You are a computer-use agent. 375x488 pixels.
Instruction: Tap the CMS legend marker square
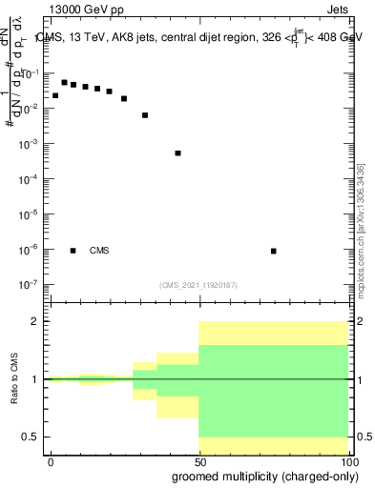point(73,251)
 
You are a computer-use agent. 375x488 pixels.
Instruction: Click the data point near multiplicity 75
point(274,251)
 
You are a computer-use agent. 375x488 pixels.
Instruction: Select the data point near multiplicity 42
point(177,152)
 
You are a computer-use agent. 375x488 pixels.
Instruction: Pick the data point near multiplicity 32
point(145,115)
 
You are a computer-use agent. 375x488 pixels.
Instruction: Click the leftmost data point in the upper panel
point(55,95)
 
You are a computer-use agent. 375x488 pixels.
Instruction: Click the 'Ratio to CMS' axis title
point(13,378)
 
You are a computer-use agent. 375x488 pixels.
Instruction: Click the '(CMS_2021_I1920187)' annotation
point(197,284)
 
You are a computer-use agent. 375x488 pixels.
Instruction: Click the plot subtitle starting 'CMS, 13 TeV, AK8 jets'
point(198,38)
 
